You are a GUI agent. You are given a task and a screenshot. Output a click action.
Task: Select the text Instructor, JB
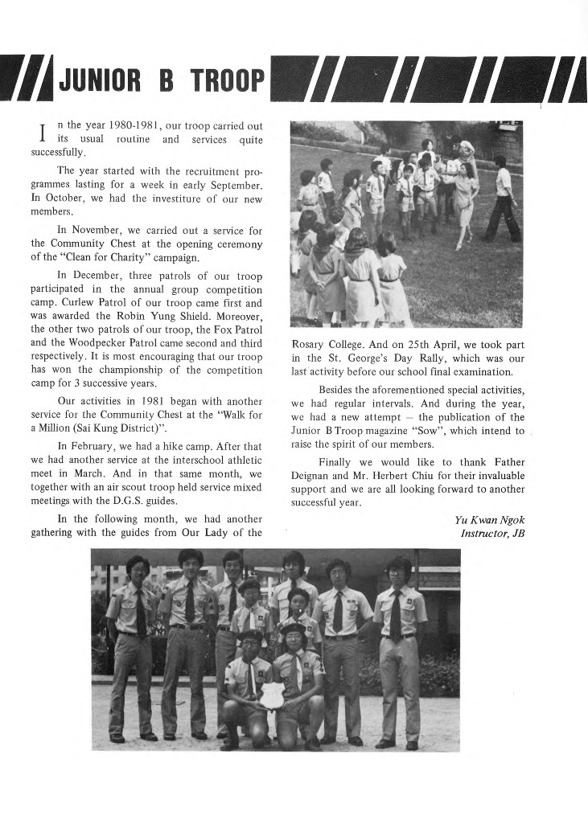coord(491,533)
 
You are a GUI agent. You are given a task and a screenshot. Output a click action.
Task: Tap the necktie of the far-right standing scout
coord(396,615)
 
